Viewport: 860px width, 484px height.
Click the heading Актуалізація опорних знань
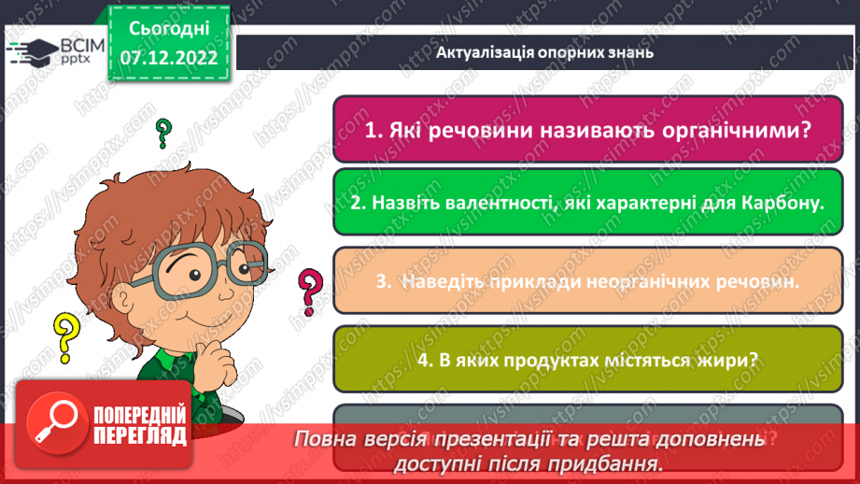(x=544, y=52)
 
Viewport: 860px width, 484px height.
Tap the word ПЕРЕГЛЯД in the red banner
(x=139, y=435)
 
